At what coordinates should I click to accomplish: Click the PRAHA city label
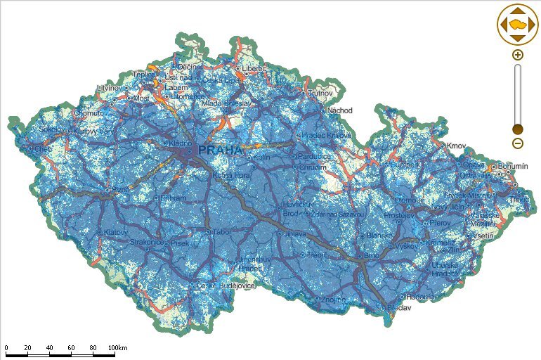point(221,150)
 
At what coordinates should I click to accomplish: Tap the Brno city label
point(372,257)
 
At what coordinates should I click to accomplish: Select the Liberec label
point(255,68)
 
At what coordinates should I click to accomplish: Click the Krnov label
point(457,146)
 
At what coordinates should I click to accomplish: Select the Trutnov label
point(319,92)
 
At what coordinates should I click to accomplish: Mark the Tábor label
point(222,231)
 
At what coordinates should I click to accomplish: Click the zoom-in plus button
point(518,54)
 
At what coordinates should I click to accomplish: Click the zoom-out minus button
point(518,143)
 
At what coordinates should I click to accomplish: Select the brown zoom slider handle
point(518,129)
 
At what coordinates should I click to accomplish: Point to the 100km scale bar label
point(118,348)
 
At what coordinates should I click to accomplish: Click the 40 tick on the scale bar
point(50,348)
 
